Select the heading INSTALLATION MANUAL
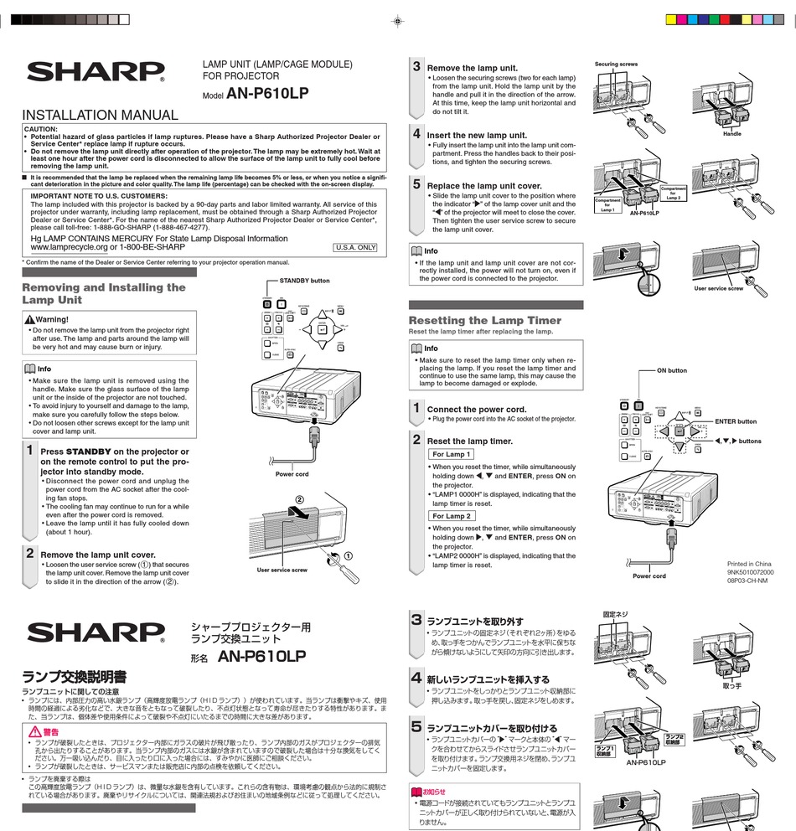99,116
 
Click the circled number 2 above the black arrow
299,500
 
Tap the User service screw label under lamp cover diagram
282,570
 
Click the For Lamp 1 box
452,454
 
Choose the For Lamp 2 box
452,516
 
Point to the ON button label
671,370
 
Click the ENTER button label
735,421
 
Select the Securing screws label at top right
616,65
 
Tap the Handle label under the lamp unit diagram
731,134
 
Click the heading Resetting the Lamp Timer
484,321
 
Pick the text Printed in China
749,564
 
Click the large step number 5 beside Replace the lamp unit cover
416,183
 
